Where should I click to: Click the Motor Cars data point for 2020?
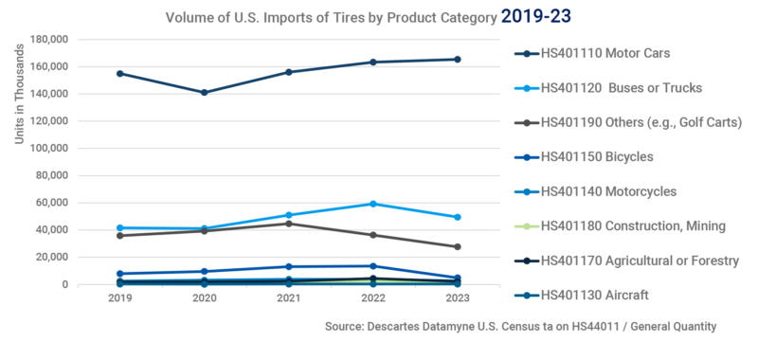[x=204, y=93]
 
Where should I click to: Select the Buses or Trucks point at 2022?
[x=373, y=204]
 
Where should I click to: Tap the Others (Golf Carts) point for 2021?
[x=288, y=224]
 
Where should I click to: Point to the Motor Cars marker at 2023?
[x=458, y=59]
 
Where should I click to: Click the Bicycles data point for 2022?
[x=373, y=266]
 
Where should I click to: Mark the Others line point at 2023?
[x=458, y=246]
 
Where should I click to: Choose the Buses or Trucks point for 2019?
[x=119, y=227]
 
